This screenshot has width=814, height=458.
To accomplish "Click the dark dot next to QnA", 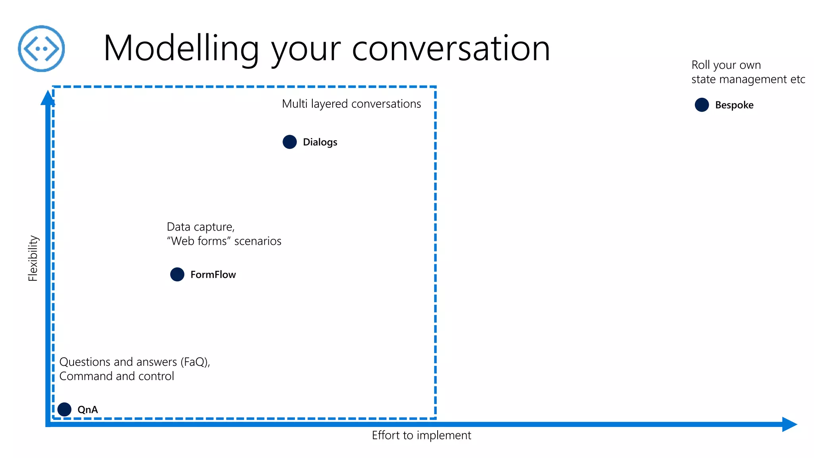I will click(x=64, y=409).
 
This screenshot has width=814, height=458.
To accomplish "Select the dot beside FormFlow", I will click(x=177, y=274).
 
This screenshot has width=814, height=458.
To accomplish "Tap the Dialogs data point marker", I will click(x=290, y=142).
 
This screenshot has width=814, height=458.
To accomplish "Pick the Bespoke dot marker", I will click(x=702, y=105).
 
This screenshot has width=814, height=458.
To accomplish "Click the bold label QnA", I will click(x=87, y=409).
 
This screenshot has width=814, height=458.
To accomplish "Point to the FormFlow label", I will click(x=213, y=275).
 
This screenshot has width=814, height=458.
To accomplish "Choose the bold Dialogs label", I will click(x=320, y=142).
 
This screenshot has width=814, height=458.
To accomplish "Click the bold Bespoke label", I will click(x=734, y=105).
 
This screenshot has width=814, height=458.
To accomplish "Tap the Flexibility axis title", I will click(x=33, y=258).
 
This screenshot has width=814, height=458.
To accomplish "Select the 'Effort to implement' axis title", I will click(x=421, y=435).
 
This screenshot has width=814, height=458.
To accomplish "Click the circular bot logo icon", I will click(x=41, y=49).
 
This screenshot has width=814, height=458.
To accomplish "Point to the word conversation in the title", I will click(x=451, y=49).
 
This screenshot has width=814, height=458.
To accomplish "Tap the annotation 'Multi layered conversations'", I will click(x=351, y=104).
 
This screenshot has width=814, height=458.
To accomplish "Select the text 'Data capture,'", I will click(x=201, y=227).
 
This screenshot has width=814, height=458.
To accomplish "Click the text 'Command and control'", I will click(x=116, y=376).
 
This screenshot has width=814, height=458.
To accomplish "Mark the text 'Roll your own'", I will click(x=726, y=65).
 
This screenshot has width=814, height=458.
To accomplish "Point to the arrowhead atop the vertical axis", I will click(x=48, y=98).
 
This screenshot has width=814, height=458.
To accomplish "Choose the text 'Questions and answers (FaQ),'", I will click(x=135, y=362).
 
